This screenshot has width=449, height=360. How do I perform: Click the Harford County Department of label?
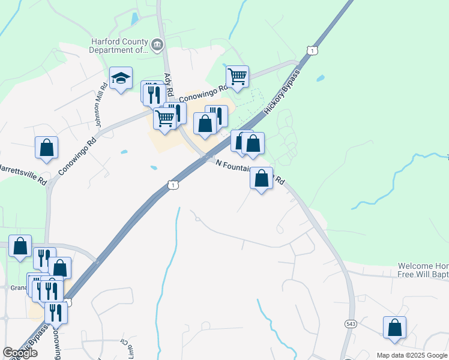click(118, 46)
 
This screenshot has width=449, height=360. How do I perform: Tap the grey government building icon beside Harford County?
click(157, 44)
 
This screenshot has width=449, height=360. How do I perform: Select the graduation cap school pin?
click(121, 78)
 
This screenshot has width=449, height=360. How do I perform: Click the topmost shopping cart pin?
click(238, 76)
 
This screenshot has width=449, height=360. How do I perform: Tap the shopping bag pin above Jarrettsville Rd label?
click(46, 148)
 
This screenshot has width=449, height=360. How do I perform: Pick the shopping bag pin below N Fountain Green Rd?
click(261, 178)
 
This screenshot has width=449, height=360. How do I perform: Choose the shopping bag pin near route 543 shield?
click(394, 328)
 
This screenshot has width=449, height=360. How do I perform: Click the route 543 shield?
click(351, 323)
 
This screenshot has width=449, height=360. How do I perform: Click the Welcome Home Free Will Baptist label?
click(423, 271)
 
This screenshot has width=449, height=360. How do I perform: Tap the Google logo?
click(20, 353)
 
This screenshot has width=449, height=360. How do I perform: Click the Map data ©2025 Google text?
click(412, 355)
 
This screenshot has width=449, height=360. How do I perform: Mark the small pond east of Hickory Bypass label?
click(320, 78)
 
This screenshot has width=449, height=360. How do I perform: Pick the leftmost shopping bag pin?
click(20, 246)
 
